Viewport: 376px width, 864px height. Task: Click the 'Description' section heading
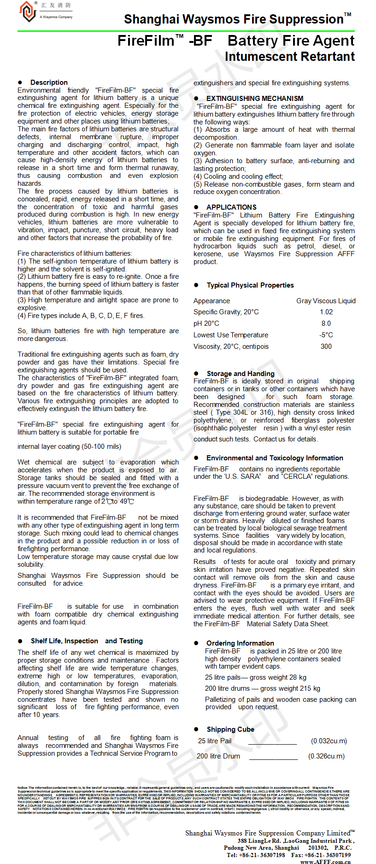click(49, 82)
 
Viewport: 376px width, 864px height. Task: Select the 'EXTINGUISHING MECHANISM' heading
click(255, 99)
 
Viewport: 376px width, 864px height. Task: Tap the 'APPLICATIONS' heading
click(231, 207)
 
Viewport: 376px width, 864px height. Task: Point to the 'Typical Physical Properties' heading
click(250, 285)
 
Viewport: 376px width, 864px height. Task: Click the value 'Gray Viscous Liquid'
click(326, 301)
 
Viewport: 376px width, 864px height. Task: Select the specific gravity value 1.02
click(326, 312)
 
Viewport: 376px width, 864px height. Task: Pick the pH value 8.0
click(326, 323)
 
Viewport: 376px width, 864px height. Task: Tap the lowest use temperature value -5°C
click(326, 335)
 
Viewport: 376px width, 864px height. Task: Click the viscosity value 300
click(326, 347)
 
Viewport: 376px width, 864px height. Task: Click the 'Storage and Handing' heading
click(241, 374)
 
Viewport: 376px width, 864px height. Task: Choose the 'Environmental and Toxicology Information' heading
click(275, 458)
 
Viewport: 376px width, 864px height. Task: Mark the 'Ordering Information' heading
click(240, 643)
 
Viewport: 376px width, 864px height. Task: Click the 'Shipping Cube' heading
click(230, 729)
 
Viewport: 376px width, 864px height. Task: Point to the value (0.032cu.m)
click(329, 741)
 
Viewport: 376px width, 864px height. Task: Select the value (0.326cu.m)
click(326, 756)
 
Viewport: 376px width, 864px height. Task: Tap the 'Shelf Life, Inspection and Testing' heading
click(87, 641)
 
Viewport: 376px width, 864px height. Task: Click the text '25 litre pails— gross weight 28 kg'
click(256, 677)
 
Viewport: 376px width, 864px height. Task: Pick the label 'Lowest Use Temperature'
click(231, 335)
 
